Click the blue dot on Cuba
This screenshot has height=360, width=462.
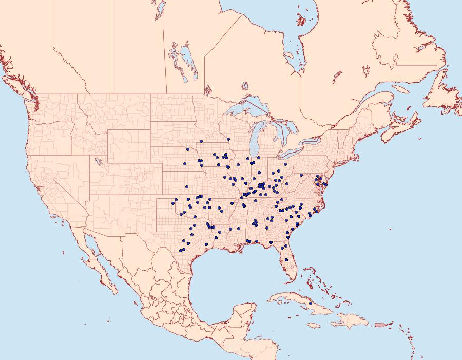click(x=311, y=304)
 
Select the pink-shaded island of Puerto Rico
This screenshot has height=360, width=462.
click(x=380, y=324)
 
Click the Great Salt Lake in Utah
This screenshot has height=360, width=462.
click(x=98, y=162)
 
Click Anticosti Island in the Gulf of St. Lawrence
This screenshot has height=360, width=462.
click(x=401, y=88)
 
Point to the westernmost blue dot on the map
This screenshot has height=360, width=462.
click(x=174, y=203)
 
